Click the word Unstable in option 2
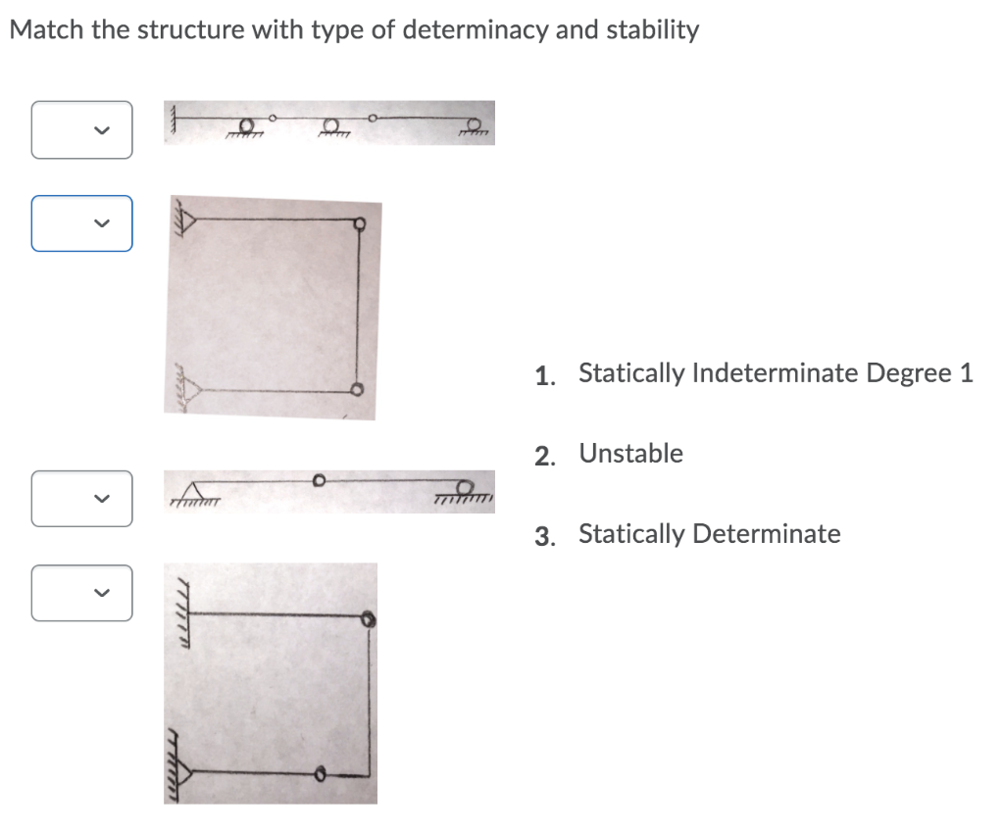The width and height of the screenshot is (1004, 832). [x=630, y=454]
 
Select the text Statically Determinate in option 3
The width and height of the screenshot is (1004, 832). [x=709, y=534]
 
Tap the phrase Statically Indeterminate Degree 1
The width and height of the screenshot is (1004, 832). [x=776, y=373]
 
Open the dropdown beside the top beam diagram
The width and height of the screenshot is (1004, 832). [x=81, y=129]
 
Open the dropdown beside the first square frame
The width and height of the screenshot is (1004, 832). [x=81, y=223]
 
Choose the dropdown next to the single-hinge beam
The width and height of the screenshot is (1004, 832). [x=81, y=499]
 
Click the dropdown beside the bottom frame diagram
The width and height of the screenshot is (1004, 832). [x=81, y=593]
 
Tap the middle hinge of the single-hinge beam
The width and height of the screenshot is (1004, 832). [x=318, y=481]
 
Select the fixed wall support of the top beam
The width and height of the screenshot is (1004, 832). [x=175, y=122]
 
